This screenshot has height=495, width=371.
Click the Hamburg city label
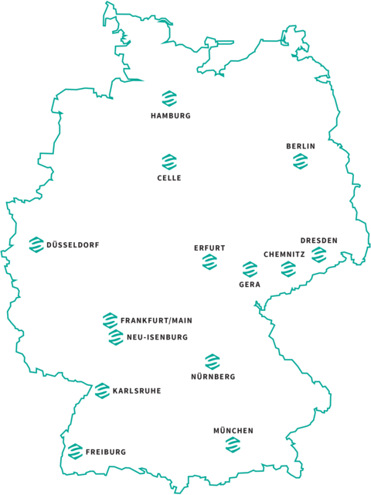pyautogui.click(x=170, y=116)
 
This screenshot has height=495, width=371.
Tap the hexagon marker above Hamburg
pyautogui.click(x=169, y=98)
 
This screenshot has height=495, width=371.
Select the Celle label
pyautogui.click(x=169, y=178)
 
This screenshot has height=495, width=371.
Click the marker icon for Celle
pyautogui.click(x=169, y=161)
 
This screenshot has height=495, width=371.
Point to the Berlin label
pyautogui.click(x=301, y=145)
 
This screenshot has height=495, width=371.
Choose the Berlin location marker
pyautogui.click(x=301, y=161)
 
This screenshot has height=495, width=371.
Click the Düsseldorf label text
pyautogui.click(x=73, y=245)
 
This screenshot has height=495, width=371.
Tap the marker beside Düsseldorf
pyautogui.click(x=36, y=244)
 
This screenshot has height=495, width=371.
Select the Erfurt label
pyautogui.click(x=209, y=248)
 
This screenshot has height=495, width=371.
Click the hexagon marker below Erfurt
pyautogui.click(x=209, y=263)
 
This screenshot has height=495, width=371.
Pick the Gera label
pyautogui.click(x=250, y=285)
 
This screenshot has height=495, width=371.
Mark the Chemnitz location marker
pyautogui.click(x=288, y=268)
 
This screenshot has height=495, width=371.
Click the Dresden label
pyautogui.click(x=319, y=241)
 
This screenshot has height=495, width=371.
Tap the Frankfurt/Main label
pyautogui.click(x=156, y=320)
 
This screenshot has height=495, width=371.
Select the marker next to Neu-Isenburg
pyautogui.click(x=115, y=337)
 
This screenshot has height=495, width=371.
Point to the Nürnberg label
pyautogui.click(x=213, y=377)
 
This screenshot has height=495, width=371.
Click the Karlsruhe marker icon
pyautogui.click(x=102, y=391)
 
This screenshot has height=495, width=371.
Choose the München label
pyautogui.click(x=233, y=430)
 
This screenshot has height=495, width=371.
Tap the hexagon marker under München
pyautogui.click(x=233, y=445)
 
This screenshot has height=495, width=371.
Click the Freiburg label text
pyautogui.click(x=106, y=452)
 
